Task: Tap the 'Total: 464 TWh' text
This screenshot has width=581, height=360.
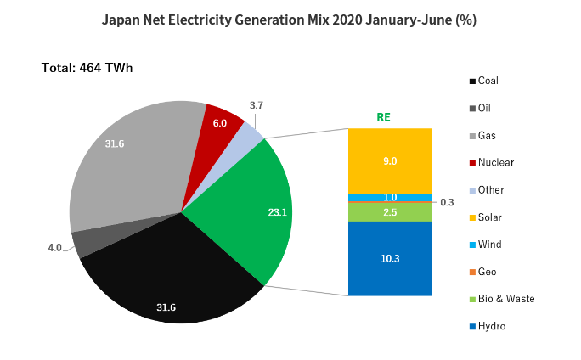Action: (87, 67)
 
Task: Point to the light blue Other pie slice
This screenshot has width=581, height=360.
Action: (251, 135)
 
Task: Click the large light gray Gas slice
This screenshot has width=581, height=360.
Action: (127, 170)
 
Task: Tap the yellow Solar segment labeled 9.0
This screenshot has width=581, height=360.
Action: (390, 160)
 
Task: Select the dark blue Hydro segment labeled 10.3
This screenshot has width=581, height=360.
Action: (390, 258)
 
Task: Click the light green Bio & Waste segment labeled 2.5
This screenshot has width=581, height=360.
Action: (390, 211)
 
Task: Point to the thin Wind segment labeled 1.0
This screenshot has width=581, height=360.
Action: (390, 198)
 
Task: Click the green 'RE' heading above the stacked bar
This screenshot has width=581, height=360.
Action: (383, 117)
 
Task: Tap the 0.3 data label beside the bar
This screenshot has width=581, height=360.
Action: (447, 202)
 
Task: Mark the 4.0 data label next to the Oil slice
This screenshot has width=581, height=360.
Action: (54, 248)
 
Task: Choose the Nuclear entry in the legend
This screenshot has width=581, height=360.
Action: (495, 162)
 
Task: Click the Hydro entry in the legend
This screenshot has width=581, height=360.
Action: (491, 326)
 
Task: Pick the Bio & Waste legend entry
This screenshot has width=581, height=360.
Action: (505, 299)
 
